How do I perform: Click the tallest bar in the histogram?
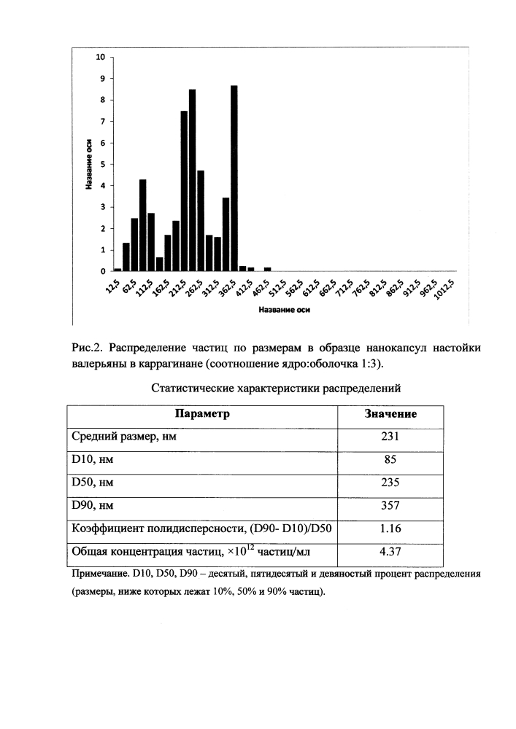(234, 178)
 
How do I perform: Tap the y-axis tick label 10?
(101, 57)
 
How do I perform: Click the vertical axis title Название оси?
(88, 165)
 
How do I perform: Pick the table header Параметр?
(203, 414)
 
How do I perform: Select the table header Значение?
(390, 414)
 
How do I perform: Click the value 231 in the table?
(390, 437)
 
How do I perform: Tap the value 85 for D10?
(390, 460)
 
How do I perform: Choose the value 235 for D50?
(390, 483)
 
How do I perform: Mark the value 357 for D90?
(390, 506)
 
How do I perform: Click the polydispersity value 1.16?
(390, 529)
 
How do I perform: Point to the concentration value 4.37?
(390, 553)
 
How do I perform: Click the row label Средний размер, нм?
(124, 437)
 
